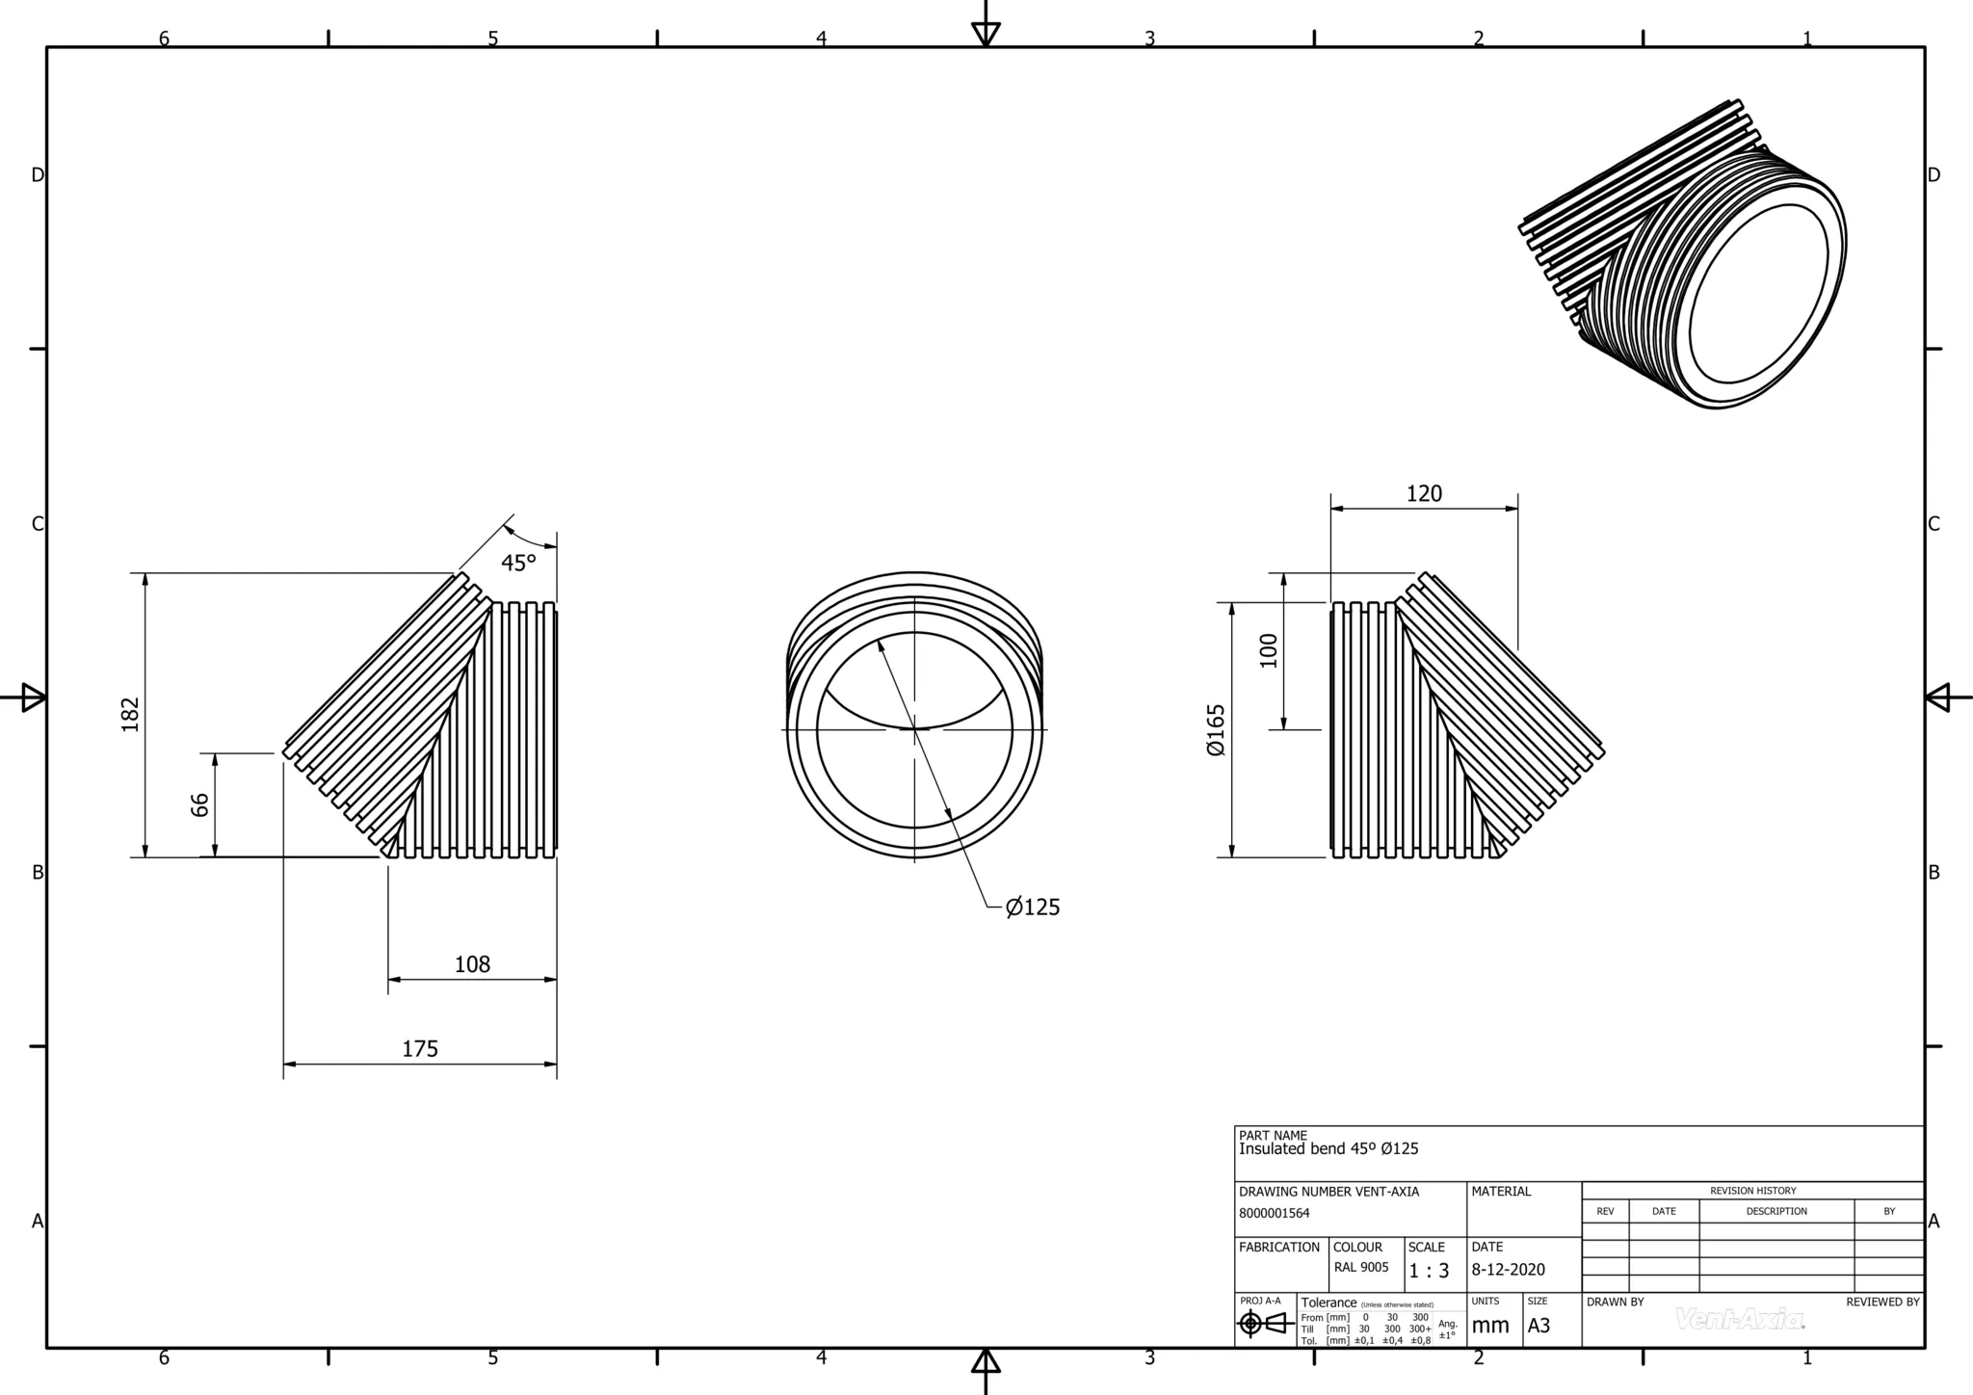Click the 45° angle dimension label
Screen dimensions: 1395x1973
tap(517, 563)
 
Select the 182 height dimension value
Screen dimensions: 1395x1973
tap(131, 714)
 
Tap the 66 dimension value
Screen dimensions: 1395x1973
tap(199, 804)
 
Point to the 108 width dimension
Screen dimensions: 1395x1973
tap(472, 964)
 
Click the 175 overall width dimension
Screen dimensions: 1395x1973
tap(420, 1049)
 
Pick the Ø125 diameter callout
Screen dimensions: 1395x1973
tap(1033, 908)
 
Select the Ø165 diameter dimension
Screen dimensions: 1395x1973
tap(1216, 729)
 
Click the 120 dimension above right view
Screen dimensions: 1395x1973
tap(1424, 494)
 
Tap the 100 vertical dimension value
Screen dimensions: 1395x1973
tap(1268, 650)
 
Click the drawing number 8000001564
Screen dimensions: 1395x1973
tap(1274, 1214)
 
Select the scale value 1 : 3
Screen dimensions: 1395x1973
tap(1429, 1271)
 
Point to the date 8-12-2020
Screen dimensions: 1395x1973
tap(1508, 1270)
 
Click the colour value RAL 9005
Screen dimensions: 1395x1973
tap(1361, 1268)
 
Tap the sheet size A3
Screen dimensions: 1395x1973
tap(1539, 1326)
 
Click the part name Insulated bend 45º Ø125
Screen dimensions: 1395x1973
tap(1328, 1149)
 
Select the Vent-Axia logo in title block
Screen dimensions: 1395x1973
tap(1740, 1319)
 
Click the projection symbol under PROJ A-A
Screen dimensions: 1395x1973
tap(1266, 1324)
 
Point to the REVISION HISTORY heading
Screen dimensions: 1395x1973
tap(1752, 1191)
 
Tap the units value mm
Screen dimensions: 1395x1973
tap(1490, 1326)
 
